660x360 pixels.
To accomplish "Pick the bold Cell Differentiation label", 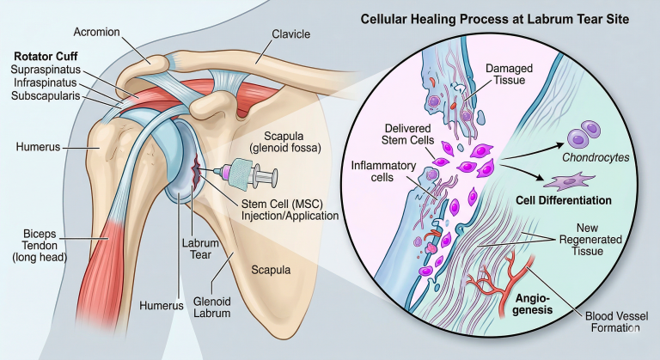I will pyautogui.click(x=563, y=200).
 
